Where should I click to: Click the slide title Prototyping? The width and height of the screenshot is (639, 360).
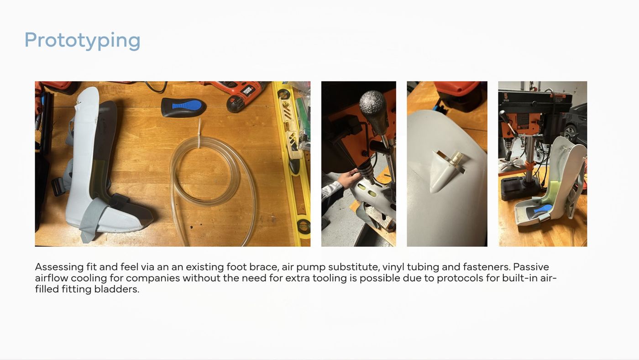[x=83, y=41]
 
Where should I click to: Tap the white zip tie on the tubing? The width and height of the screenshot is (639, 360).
[x=199, y=134]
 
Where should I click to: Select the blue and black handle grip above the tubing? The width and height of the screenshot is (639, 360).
[x=183, y=107]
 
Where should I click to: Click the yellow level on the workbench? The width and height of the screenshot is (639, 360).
[x=291, y=162]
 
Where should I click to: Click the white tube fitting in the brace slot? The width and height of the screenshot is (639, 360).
[x=456, y=160]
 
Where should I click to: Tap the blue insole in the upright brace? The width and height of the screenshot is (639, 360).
[x=542, y=209]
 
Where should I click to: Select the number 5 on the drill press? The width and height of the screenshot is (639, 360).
[x=506, y=95]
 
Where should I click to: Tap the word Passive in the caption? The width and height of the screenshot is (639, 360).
[x=531, y=267]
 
